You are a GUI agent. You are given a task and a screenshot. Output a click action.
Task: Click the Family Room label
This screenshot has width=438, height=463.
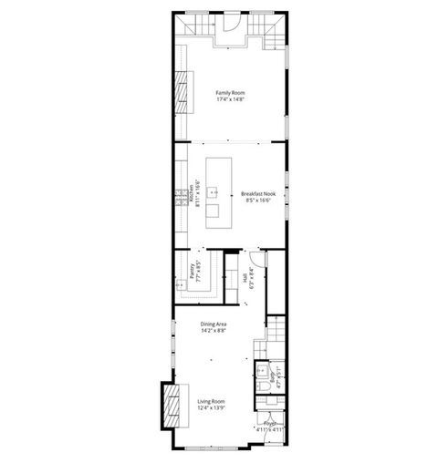pyautogui.click(x=229, y=92)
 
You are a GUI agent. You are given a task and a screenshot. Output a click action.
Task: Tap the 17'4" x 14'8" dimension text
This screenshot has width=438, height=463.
pyautogui.click(x=229, y=99)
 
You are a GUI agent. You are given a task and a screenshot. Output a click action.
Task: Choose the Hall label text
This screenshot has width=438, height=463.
pyautogui.click(x=245, y=277)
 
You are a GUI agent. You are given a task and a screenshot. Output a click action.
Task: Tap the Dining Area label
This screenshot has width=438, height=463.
pyautogui.click(x=214, y=324)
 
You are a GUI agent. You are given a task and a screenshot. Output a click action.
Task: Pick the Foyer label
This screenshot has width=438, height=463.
pyautogui.click(x=270, y=424)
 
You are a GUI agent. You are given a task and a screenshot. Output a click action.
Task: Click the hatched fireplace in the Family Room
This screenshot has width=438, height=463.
pyautogui.click(x=185, y=91)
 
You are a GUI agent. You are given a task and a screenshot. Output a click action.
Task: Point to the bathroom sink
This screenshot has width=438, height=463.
pyautogui.click(x=260, y=371)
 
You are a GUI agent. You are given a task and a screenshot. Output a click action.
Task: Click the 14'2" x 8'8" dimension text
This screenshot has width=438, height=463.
pyautogui.click(x=214, y=331)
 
